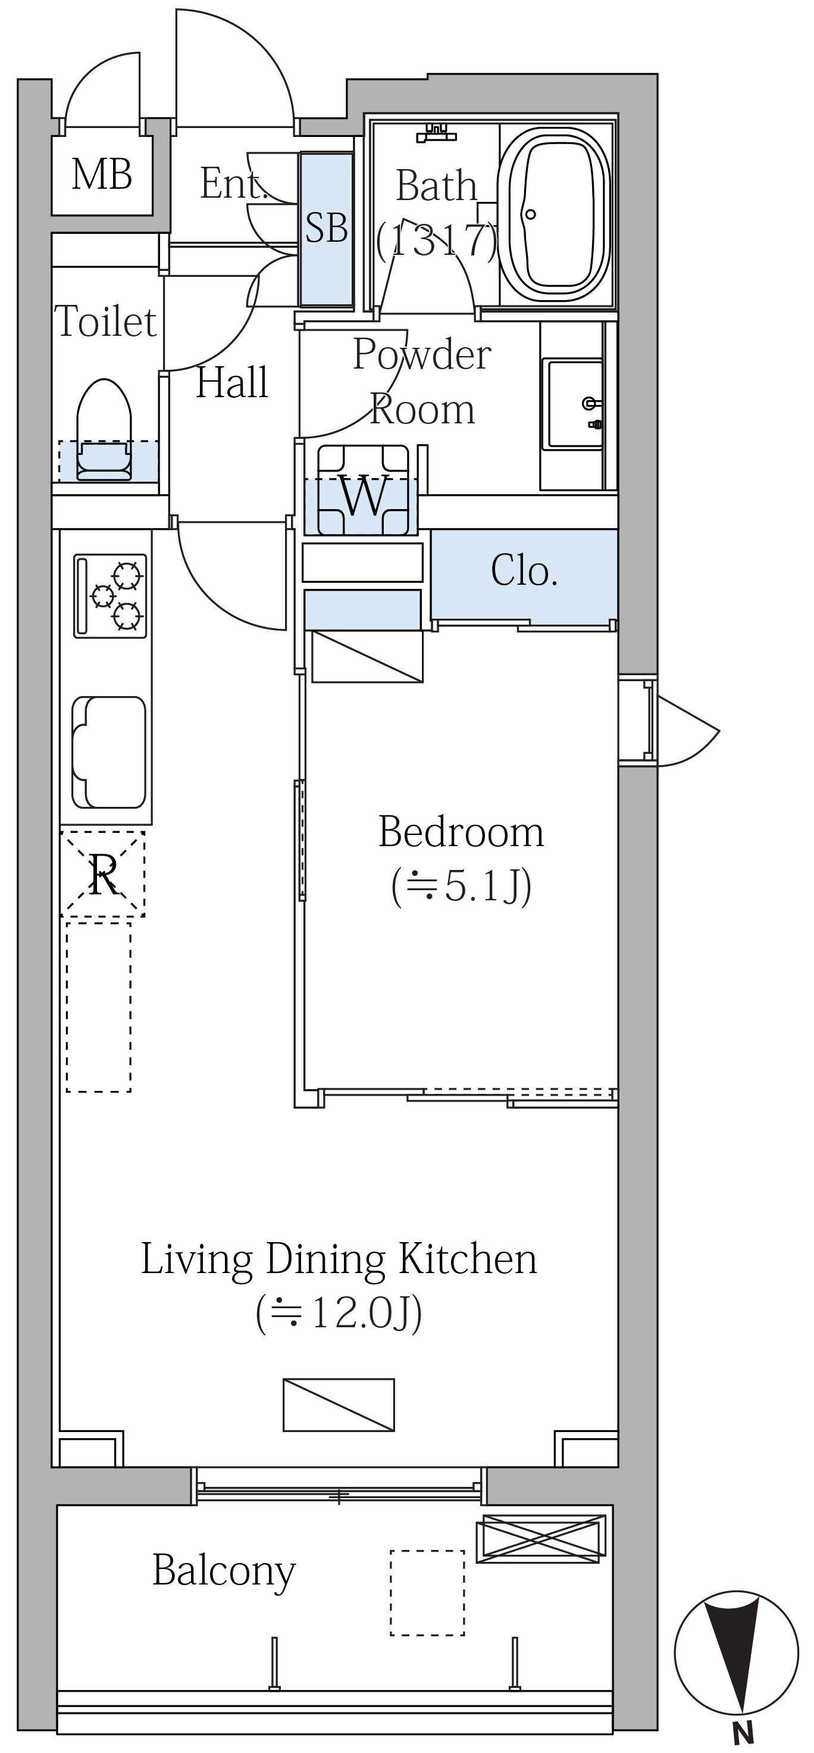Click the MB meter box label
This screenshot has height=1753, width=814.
tap(102, 174)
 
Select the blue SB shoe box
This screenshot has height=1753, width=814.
tap(327, 229)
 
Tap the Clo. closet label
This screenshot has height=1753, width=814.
tap(524, 571)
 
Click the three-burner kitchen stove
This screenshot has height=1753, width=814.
tap(110, 595)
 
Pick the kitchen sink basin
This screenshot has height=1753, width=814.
tap(109, 752)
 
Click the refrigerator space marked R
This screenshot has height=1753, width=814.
tap(103, 874)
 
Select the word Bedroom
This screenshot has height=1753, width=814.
tap(461, 832)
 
